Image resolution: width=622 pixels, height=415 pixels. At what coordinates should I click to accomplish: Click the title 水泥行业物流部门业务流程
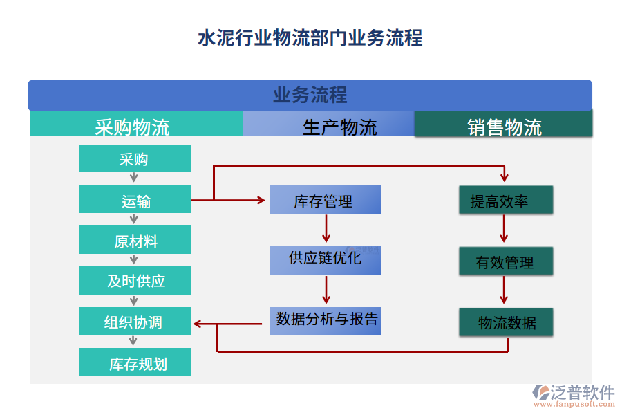point(310,37)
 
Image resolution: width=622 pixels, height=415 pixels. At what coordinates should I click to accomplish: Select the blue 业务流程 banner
point(310,95)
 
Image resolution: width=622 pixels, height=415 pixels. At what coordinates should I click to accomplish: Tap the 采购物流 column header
point(135,125)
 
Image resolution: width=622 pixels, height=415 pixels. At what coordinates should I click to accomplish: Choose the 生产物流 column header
point(328,125)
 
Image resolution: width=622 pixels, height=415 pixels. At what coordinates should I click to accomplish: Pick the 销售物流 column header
point(504,125)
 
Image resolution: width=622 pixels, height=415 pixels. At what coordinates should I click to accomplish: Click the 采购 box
point(135,159)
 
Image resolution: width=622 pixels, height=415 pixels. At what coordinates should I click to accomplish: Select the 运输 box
point(135,200)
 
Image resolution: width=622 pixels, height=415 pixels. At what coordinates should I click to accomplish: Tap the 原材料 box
point(135,241)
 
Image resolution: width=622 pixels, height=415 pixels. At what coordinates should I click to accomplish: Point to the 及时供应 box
point(135,281)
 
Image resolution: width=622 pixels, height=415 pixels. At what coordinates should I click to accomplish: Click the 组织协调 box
point(135,322)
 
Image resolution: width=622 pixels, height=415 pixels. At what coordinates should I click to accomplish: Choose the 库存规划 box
point(135,362)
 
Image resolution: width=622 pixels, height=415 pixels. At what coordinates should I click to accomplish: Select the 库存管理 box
point(325,201)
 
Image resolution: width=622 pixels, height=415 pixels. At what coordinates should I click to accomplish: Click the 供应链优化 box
point(325,260)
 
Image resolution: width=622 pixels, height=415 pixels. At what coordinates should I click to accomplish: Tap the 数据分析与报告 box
point(325,320)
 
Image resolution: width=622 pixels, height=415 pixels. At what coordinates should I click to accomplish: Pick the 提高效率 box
point(506,201)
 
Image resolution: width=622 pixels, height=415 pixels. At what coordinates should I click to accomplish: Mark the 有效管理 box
point(506,261)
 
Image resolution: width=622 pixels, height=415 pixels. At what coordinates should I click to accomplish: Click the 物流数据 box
point(506,322)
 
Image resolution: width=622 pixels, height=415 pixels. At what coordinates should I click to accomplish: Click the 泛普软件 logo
point(573,394)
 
